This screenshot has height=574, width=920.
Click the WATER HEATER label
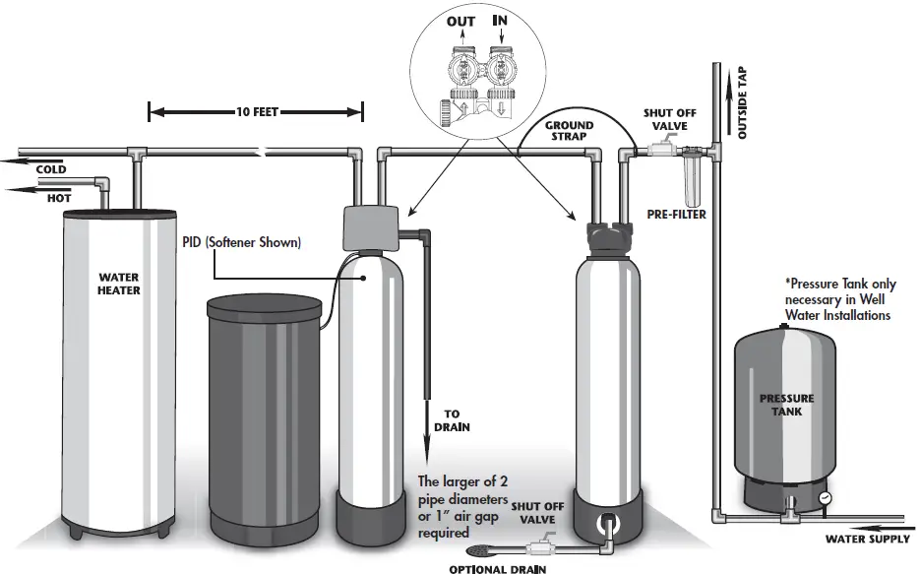pyautogui.click(x=118, y=284)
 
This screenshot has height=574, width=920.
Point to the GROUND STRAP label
pyautogui.click(x=569, y=132)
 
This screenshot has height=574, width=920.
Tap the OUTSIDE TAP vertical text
pyautogui.click(x=742, y=103)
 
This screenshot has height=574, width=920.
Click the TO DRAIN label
pyautogui.click(x=452, y=420)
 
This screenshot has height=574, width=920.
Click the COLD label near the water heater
pyautogui.click(x=51, y=169)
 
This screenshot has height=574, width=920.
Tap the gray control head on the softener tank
pyautogui.click(x=369, y=228)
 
